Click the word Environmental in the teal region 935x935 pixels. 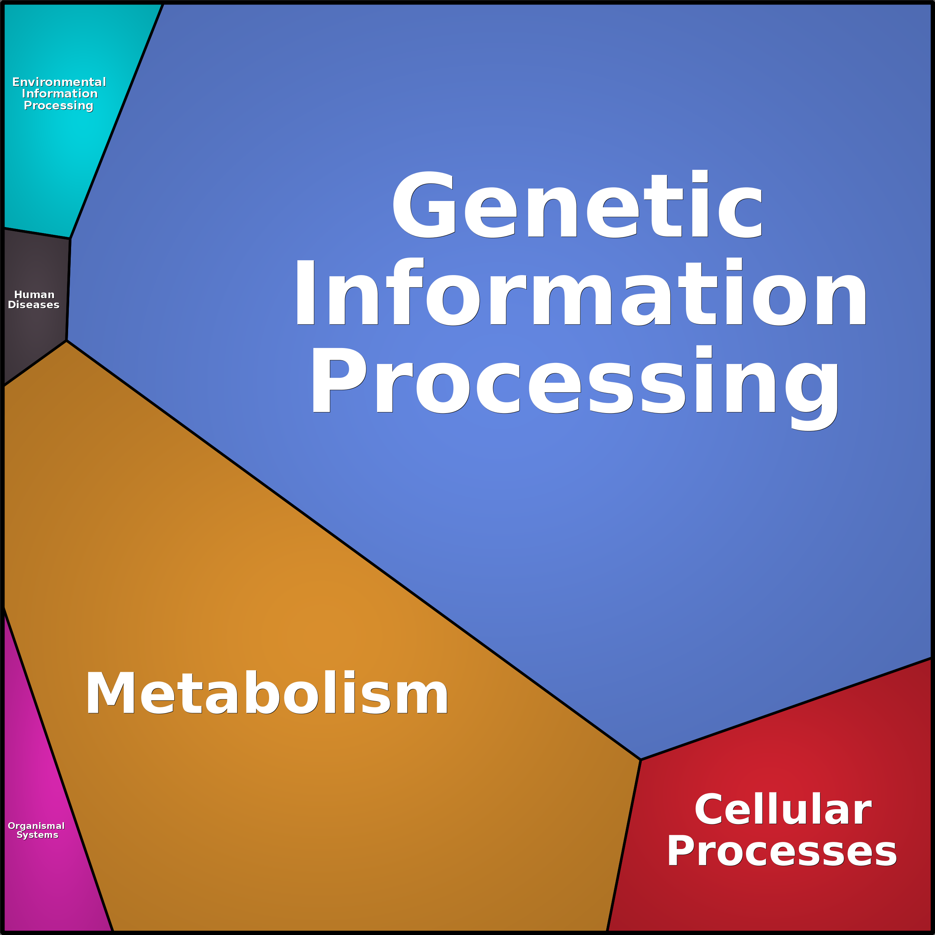click(x=59, y=82)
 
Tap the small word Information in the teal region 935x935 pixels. click(x=60, y=93)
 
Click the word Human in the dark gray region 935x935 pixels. click(x=34, y=294)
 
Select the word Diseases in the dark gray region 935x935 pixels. click(x=33, y=305)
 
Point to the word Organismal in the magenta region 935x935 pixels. click(x=36, y=826)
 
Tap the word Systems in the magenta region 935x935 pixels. click(x=37, y=835)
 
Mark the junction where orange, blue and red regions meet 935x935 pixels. click(x=640, y=760)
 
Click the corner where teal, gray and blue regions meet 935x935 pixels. click(x=70, y=239)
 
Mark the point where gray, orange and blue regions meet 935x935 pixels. click(x=66, y=341)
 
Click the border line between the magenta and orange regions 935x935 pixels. click(x=58, y=769)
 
